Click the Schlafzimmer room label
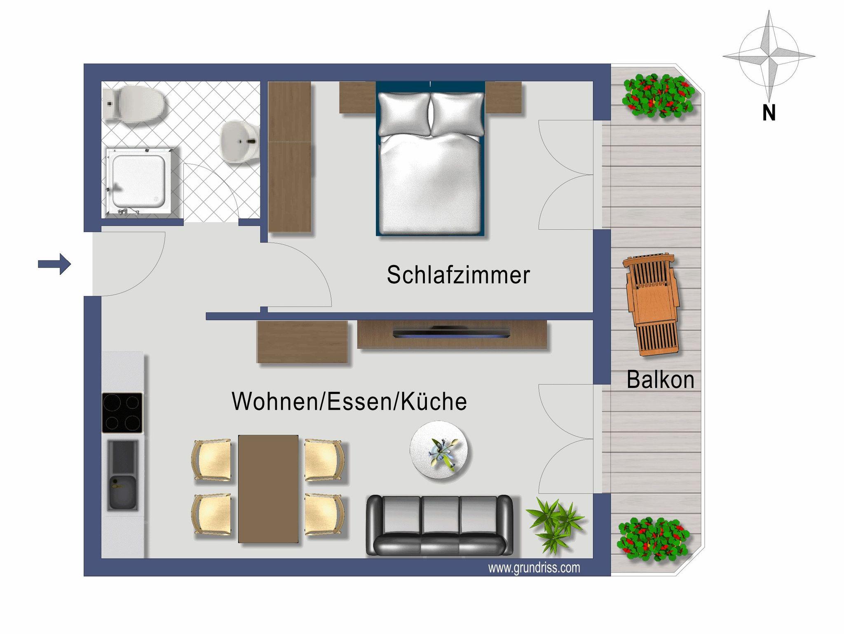pos(458,275)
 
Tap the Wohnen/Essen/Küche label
pos(349,401)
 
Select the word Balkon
pos(660,380)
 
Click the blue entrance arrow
pos(54,264)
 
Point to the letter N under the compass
pos(769,113)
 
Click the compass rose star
pos(769,56)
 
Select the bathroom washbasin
pos(240,141)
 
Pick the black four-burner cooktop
pos(122,413)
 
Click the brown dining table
pos(268,489)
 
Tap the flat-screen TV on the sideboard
pos(451,332)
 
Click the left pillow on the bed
pos(404,114)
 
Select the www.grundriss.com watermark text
pos(534,568)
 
